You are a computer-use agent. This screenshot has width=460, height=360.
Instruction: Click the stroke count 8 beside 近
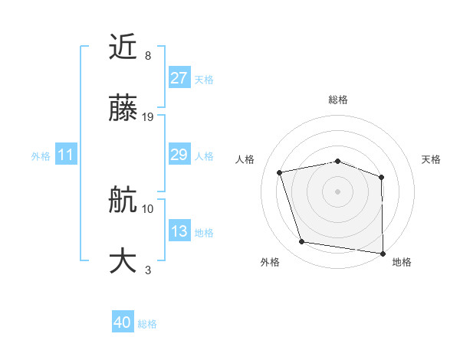(x=148, y=56)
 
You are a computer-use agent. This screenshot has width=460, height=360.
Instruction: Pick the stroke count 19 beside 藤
(x=148, y=117)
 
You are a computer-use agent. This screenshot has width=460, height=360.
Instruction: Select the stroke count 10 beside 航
(x=148, y=208)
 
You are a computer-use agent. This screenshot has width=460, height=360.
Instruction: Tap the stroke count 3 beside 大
(x=148, y=270)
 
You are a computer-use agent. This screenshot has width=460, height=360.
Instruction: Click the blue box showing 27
(x=179, y=78)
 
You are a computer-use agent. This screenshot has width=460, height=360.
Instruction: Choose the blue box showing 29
(x=179, y=155)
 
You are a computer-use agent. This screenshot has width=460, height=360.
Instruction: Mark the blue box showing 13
(x=179, y=231)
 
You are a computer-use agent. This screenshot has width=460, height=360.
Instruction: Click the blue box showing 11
(x=65, y=155)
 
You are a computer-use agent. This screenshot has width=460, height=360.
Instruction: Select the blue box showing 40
(x=123, y=323)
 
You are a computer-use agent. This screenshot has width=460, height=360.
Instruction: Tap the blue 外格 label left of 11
(x=41, y=156)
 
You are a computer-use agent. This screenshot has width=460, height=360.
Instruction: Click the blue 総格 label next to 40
(x=147, y=324)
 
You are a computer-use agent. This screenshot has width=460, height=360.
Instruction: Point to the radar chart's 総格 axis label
(x=338, y=100)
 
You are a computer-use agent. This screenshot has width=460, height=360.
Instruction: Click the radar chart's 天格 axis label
(x=432, y=159)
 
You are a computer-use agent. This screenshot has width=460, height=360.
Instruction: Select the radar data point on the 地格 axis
(x=383, y=253)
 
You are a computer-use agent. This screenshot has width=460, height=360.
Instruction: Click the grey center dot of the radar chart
(x=337, y=191)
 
